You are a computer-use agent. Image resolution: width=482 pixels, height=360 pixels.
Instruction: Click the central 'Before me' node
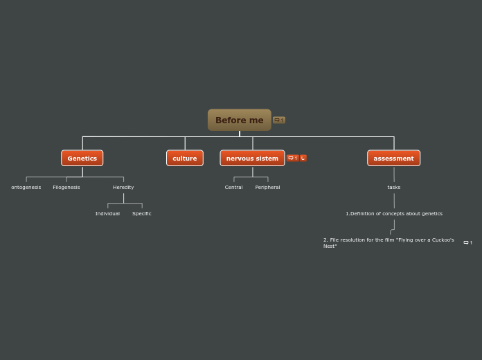click(239, 120)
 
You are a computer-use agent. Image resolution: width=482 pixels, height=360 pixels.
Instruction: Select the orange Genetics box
click(82, 158)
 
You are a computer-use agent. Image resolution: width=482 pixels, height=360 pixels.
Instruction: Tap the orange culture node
click(184, 158)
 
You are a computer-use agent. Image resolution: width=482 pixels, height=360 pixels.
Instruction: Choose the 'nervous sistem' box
click(252, 158)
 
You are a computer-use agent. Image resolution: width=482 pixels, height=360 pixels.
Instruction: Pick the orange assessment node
click(393, 158)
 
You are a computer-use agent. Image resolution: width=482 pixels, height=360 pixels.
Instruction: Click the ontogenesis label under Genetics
click(26, 187)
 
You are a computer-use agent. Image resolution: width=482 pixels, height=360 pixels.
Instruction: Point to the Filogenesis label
click(66, 187)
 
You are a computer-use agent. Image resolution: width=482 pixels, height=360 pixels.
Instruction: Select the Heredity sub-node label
click(123, 187)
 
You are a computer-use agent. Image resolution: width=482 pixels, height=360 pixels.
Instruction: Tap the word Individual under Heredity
click(107, 213)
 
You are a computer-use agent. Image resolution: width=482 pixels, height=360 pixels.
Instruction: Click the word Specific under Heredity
click(142, 213)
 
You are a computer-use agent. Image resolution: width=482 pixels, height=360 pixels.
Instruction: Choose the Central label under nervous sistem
click(233, 187)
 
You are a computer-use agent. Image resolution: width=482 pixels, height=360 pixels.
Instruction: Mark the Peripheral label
click(267, 187)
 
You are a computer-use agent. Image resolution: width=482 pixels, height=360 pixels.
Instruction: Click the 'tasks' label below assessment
click(393, 187)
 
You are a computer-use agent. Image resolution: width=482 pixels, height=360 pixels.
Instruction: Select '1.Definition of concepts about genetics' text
click(394, 213)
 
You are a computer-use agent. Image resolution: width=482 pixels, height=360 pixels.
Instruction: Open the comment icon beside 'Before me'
click(278, 120)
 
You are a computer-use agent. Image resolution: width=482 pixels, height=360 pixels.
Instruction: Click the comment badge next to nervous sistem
click(292, 158)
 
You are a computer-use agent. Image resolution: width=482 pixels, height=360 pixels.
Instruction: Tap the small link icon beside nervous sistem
click(303, 158)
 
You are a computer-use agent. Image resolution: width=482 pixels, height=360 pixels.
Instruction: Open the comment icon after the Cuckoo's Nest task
click(467, 242)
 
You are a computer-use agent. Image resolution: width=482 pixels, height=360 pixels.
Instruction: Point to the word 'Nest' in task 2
click(329, 246)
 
